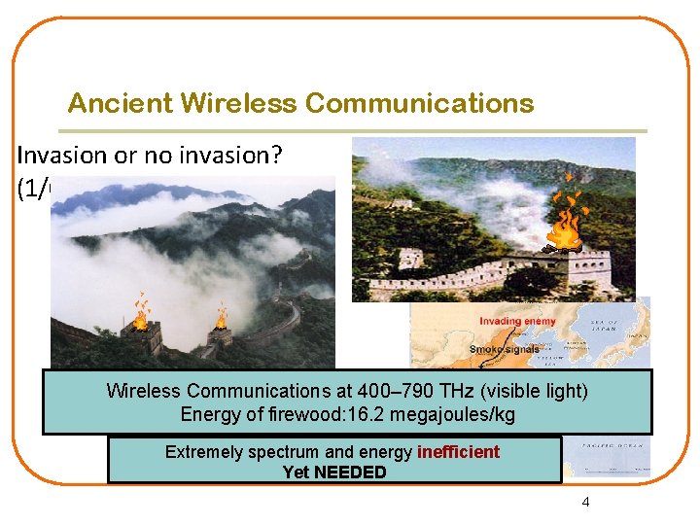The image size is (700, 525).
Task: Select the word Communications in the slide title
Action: [419, 103]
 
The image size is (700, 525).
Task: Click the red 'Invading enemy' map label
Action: [517, 322]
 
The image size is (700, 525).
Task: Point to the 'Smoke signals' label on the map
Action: [506, 349]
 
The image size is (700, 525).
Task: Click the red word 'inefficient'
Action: [458, 452]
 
